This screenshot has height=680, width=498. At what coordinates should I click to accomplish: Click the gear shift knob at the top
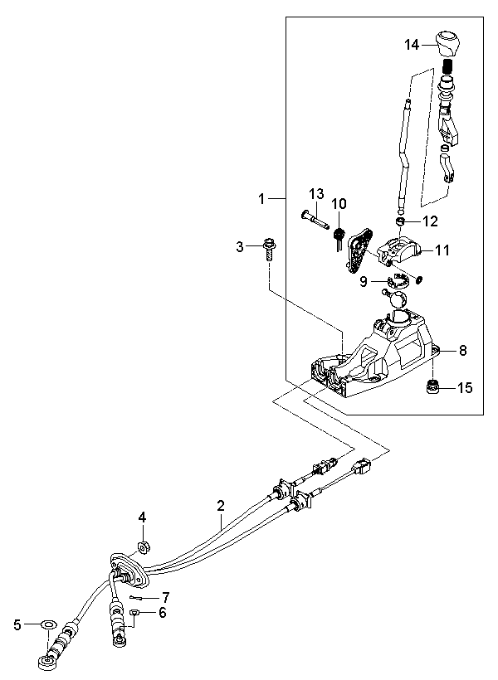(448, 43)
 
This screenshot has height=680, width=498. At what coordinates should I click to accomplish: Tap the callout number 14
(412, 44)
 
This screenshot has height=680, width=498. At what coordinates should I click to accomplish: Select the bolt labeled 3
(269, 249)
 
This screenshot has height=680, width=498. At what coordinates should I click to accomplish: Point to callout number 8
(463, 350)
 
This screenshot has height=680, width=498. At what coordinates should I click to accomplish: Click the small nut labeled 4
(144, 546)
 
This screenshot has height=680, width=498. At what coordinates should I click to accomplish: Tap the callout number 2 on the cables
(221, 505)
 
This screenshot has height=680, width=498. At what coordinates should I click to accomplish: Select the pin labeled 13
(313, 221)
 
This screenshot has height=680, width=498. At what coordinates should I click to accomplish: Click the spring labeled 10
(339, 237)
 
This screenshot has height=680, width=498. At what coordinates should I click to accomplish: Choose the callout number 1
(261, 199)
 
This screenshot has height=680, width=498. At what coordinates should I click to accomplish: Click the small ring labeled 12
(400, 221)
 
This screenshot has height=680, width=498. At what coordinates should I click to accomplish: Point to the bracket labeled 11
(399, 250)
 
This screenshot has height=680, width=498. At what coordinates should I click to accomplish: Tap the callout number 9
(364, 281)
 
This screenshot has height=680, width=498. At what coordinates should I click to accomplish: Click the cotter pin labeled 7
(137, 599)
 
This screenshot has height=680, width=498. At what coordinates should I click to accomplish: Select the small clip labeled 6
(135, 612)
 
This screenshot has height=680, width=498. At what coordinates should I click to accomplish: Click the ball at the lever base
(398, 299)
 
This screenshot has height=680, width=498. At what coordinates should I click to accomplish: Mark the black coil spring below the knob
(448, 66)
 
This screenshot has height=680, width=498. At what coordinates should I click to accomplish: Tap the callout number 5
(17, 625)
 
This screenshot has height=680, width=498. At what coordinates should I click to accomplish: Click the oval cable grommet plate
(129, 571)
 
